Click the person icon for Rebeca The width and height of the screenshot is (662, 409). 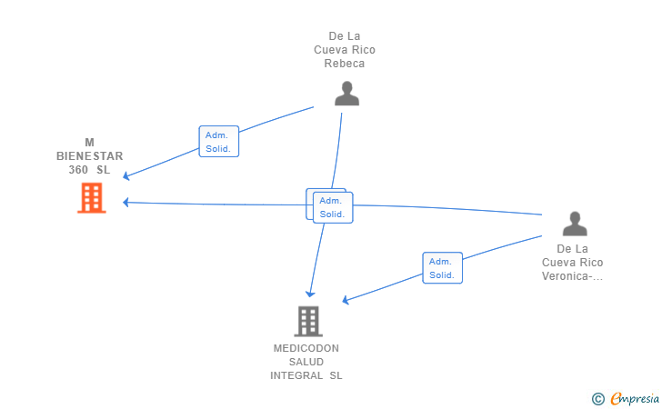pos(346,94)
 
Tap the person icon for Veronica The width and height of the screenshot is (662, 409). pos(575,224)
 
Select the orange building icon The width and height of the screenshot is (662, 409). pos(92,197)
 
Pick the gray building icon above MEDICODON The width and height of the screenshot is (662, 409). pos(308,321)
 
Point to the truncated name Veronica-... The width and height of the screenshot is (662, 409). pos(572,276)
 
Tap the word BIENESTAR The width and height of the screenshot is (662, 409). pos(89,156)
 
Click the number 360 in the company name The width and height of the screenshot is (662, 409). pos(78,170)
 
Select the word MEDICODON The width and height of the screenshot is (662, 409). pos(306,348)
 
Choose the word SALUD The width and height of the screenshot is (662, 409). pos(306,362)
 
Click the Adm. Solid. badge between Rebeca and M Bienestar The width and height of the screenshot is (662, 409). pos(218,142)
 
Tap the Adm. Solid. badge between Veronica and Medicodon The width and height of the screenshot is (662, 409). pos(442,268)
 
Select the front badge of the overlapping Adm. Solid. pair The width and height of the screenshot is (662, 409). pos(333,208)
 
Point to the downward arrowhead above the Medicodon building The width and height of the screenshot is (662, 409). pos(310,294)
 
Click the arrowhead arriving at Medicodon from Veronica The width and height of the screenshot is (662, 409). pos(346,300)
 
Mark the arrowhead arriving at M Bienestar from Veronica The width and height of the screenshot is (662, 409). pos(126,203)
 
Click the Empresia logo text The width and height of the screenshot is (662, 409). pos(635,398)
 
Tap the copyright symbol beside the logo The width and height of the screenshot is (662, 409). pos(597,398)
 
